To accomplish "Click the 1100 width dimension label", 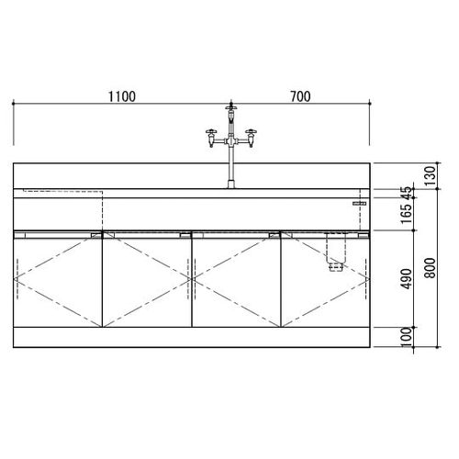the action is coord(122,96).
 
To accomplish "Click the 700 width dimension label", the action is coord(300,96).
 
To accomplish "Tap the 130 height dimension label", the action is coord(431,175).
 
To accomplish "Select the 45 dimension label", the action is coord(408,194).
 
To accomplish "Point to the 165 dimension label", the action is coord(408,214).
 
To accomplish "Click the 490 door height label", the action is coord(408,278).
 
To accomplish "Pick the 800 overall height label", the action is coord(431,268).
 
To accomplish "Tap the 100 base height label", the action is coord(408,337).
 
